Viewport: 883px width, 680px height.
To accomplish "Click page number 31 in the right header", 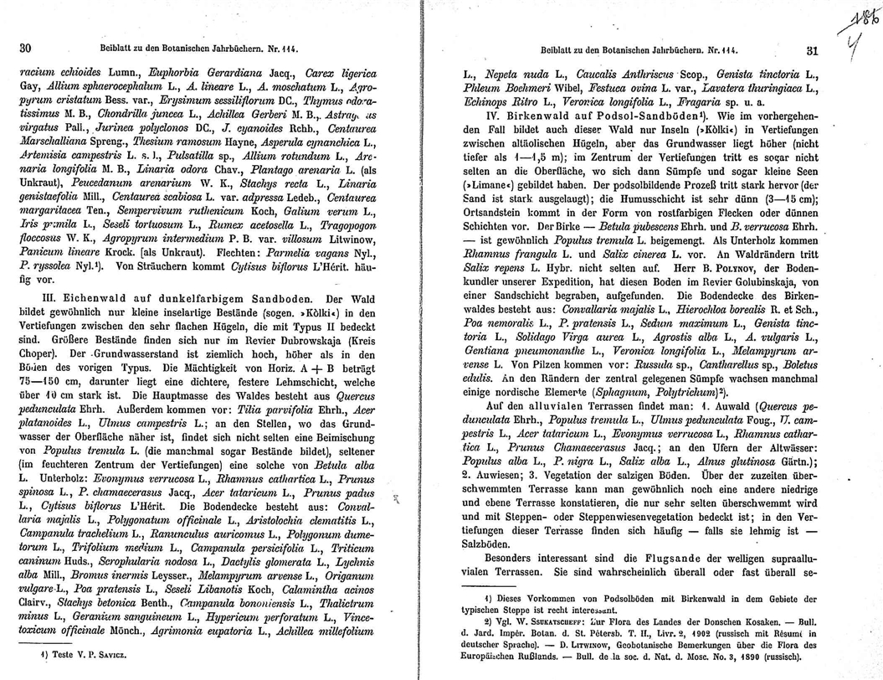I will (810, 50).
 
